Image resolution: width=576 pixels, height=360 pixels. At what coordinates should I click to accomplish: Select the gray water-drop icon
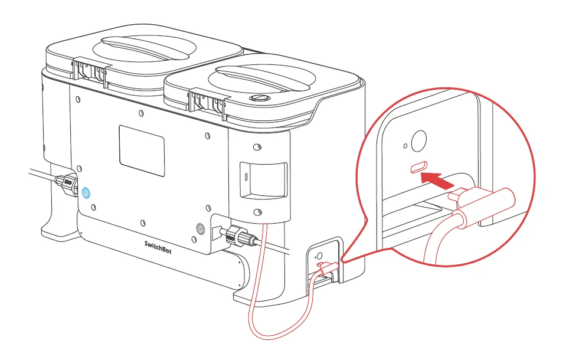(x=201, y=227)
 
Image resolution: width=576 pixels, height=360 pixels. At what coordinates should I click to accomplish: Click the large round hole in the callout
(x=418, y=142)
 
